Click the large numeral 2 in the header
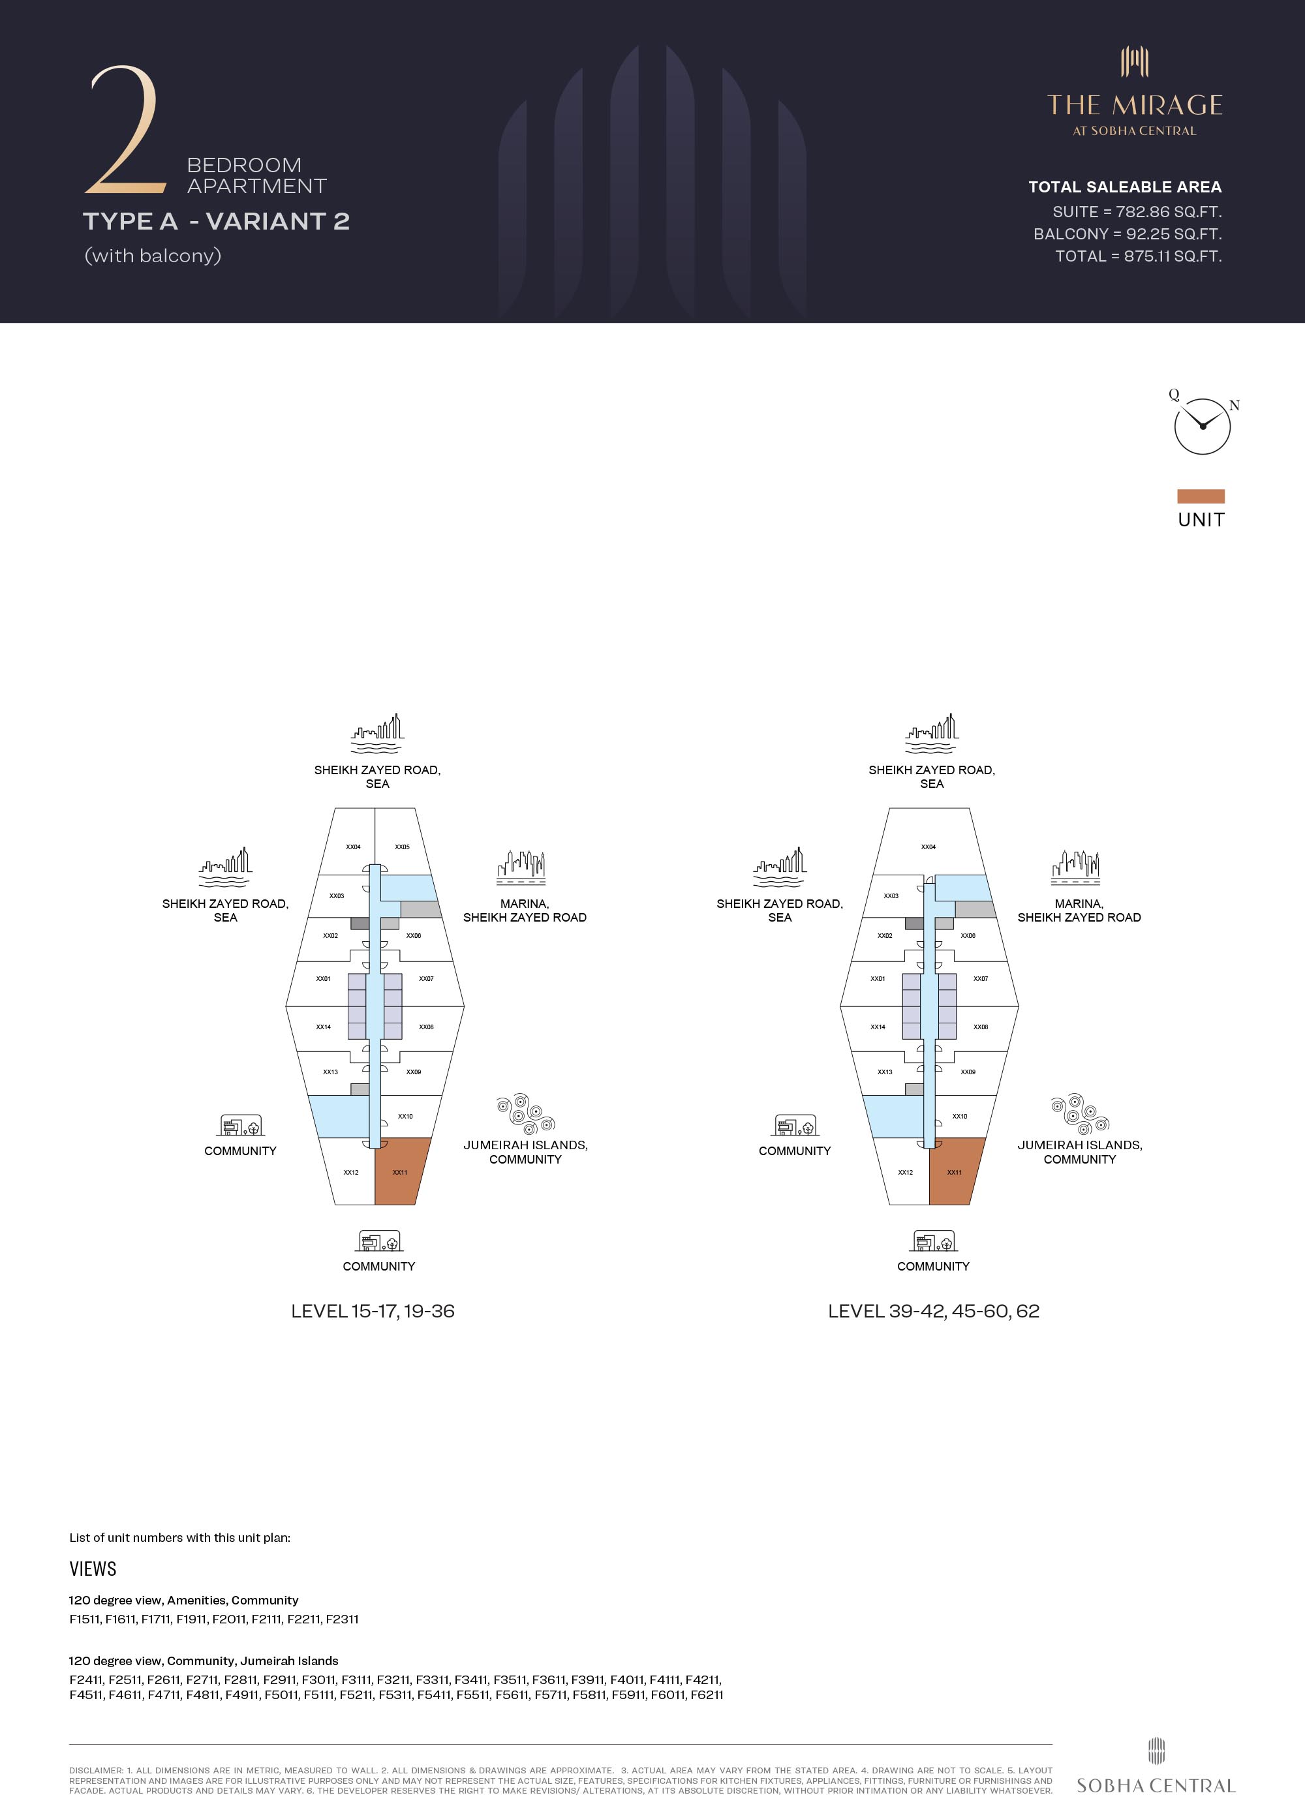click(x=126, y=130)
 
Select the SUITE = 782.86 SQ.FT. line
click(x=1136, y=212)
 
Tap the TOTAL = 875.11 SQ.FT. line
click(x=1138, y=256)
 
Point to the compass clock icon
click(x=1201, y=426)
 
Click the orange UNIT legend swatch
click(x=1200, y=496)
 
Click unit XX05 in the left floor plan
click(x=403, y=847)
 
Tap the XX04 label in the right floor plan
click(x=928, y=847)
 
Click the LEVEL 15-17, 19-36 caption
click(x=372, y=1312)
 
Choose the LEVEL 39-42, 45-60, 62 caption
click(x=933, y=1312)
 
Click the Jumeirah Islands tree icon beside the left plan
click(x=525, y=1113)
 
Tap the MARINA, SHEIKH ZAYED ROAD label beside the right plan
click(x=1079, y=910)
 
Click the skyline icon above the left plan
click(x=377, y=733)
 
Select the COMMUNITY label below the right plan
click(x=933, y=1266)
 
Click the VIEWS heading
click(x=93, y=1569)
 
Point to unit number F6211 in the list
click(x=707, y=1694)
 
